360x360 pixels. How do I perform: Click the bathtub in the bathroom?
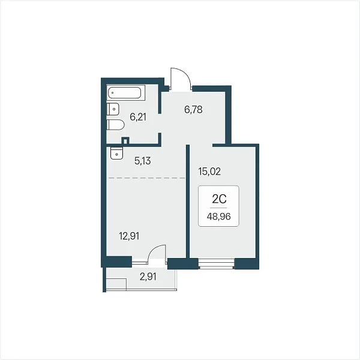tap(126, 93)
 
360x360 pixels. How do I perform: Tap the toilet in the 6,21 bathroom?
tap(115, 125)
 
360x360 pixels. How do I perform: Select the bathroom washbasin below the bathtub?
tap(113, 109)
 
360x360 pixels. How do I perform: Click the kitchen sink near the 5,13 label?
tap(116, 153)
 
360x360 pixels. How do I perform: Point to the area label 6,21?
tap(138, 117)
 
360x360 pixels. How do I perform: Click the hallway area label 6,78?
tap(193, 110)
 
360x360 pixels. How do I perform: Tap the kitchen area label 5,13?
tap(143, 161)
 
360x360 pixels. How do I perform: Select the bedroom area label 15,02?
tap(209, 172)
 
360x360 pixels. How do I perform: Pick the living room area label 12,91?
tap(129, 236)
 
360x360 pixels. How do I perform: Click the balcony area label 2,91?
tap(148, 277)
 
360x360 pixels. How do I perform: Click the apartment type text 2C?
tap(219, 199)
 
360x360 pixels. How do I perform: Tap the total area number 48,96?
tap(218, 217)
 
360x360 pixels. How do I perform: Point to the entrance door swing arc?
tap(184, 73)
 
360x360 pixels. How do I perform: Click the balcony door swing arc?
tap(153, 250)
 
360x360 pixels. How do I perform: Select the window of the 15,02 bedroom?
tap(217, 263)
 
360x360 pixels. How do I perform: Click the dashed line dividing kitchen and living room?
tap(147, 178)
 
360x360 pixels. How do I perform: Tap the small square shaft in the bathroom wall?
tap(125, 140)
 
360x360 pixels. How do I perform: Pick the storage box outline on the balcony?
tap(116, 284)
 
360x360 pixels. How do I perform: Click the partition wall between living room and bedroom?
tap(188, 202)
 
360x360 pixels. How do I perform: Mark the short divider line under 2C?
tap(218, 208)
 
